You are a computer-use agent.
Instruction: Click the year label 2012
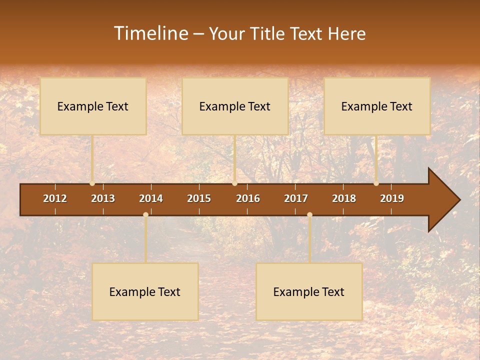[x=55, y=198]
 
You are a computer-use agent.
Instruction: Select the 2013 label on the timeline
[x=103, y=198]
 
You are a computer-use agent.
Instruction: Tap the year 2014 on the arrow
[x=151, y=198]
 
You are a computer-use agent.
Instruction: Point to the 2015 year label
[x=199, y=198]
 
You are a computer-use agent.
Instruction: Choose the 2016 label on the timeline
[x=248, y=198]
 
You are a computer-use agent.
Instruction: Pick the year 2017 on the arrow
[x=296, y=198]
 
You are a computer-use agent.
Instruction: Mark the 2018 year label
[x=344, y=198]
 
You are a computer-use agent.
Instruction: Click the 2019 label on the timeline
[x=392, y=198]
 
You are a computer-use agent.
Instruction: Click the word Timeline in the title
[x=150, y=33]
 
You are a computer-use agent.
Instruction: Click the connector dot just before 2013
[x=92, y=183]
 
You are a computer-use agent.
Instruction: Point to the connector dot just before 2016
[x=234, y=183]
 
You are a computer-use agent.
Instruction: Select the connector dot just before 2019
[x=376, y=183]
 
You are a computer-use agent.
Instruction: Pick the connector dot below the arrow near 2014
[x=145, y=215]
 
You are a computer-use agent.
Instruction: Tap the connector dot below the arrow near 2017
[x=309, y=215]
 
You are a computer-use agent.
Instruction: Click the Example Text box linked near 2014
[x=145, y=291]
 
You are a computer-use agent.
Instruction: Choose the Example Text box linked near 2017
[x=309, y=291]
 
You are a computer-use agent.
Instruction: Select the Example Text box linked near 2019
[x=377, y=106]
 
